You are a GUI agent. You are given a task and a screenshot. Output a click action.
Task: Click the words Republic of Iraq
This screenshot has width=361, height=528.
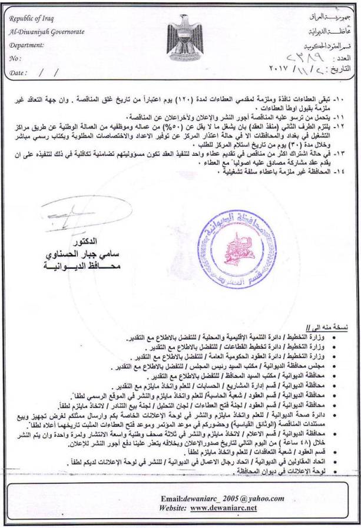coord(30,19)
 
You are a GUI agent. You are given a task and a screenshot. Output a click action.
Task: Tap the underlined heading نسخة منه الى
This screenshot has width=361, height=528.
coord(336,325)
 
